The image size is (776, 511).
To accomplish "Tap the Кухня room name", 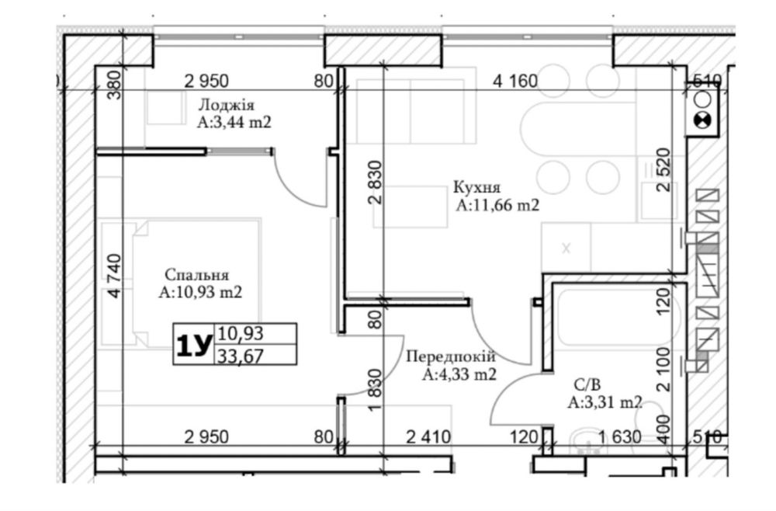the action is point(477,188).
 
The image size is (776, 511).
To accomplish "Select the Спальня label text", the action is point(197,275).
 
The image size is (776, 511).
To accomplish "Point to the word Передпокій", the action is point(450,356).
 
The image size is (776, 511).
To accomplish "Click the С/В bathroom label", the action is point(587,384).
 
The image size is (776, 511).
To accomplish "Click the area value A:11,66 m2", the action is point(497,205).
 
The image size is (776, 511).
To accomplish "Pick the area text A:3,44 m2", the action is point(234,122).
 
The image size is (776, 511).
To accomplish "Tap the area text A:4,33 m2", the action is point(459,375).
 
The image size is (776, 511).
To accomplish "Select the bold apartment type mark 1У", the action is point(194,345).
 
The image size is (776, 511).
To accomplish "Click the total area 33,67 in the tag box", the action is point(240,356).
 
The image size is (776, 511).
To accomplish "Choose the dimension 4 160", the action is point(515,81).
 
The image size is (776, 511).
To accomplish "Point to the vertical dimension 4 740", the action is point(114,276).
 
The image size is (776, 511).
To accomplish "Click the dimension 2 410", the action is point(428,436).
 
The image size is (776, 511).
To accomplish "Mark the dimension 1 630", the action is point(619,436).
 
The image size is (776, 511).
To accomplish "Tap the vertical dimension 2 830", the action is point(376,182).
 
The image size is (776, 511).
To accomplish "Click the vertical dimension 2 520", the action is point(663,170).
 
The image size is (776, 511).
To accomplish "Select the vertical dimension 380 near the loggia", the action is point(114,85).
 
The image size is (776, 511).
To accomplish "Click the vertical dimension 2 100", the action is point(663,370).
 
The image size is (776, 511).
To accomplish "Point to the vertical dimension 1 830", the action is point(376,390).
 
